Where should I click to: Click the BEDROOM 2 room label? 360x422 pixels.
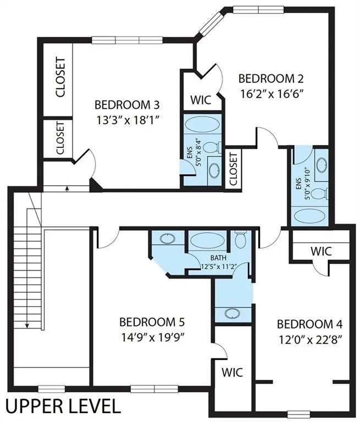coord(271,78)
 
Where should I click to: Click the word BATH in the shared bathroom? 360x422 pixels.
coord(218,258)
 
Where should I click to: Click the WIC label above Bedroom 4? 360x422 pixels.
coord(320,251)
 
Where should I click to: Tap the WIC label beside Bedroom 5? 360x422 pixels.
coord(232,371)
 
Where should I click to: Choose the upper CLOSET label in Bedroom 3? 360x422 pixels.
coord(60,77)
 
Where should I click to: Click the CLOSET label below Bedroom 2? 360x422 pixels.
coord(233,168)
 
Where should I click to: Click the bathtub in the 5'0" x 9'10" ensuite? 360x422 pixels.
coord(311,215)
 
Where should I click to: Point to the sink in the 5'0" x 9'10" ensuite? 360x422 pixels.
coord(322,164)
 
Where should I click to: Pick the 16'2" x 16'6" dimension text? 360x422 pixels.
coord(271,93)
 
